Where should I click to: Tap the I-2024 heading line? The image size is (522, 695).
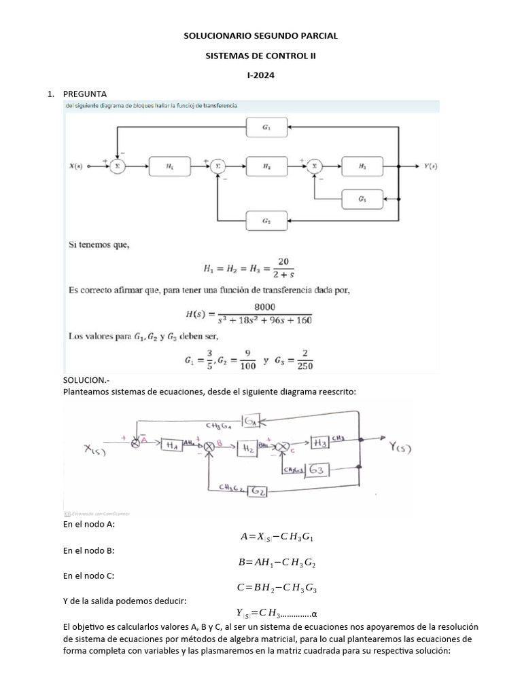(x=261, y=76)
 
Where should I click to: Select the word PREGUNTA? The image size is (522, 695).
(x=84, y=94)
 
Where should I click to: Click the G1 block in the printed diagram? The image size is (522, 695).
(x=266, y=128)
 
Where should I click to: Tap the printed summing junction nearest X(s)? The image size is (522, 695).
(x=117, y=165)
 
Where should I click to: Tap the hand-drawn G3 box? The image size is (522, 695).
(x=317, y=470)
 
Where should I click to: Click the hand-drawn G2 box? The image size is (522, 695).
(x=257, y=490)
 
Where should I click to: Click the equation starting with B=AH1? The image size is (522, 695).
(x=277, y=563)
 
